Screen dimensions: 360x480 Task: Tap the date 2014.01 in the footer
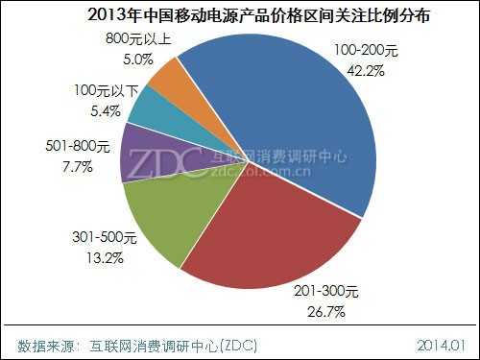point(440,343)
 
